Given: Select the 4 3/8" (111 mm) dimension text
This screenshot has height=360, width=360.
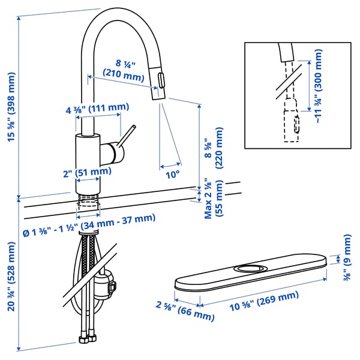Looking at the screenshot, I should click(97, 108).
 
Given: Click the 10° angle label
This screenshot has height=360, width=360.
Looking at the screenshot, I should click(173, 175).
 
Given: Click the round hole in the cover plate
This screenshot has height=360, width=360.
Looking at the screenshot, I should click(252, 266).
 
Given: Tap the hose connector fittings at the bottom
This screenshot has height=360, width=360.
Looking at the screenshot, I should click(88, 339).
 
